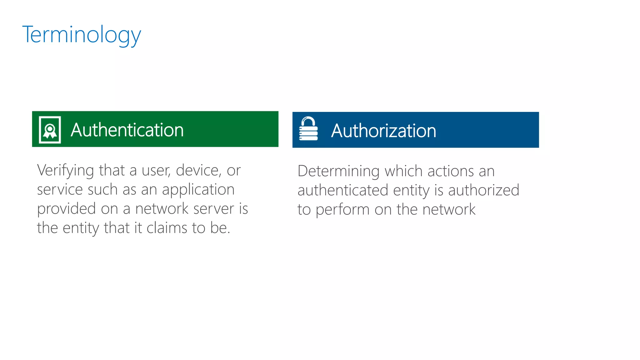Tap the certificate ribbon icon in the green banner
click(50, 130)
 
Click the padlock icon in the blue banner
click(308, 129)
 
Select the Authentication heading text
click(127, 130)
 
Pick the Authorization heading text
click(383, 131)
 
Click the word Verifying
click(65, 171)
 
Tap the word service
click(60, 190)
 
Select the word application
click(198, 190)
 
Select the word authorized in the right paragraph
click(483, 190)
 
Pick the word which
click(403, 171)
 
